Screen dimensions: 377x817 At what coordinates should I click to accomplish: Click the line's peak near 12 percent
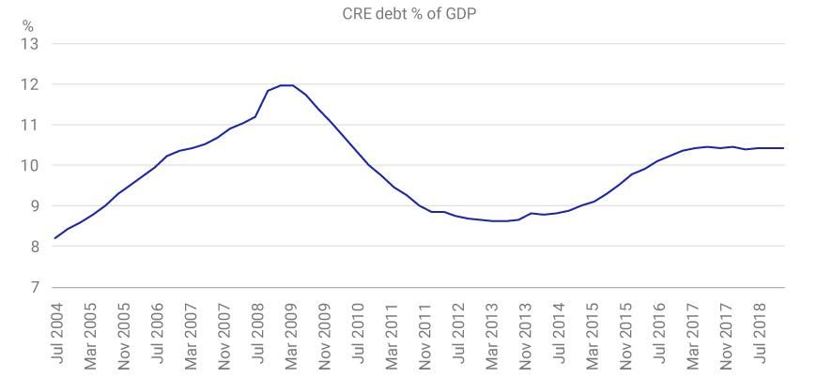(286, 85)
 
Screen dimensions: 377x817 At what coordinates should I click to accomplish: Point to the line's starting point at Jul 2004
(55, 238)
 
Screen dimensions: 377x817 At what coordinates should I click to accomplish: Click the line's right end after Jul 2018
(783, 148)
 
